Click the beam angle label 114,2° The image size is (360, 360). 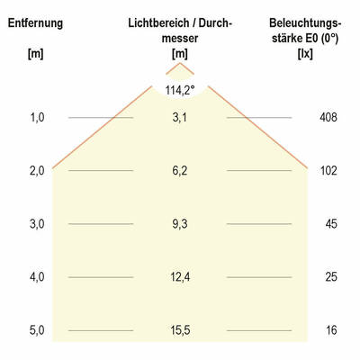click(180, 89)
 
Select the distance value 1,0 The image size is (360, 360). click(36, 118)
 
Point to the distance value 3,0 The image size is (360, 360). click(36, 224)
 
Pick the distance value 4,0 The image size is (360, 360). click(36, 277)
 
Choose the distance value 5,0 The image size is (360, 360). click(36, 330)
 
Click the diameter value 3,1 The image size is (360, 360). click(180, 118)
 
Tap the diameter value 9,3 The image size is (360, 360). click(180, 224)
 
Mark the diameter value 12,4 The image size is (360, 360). click(180, 277)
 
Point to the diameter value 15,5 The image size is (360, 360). click(180, 330)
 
